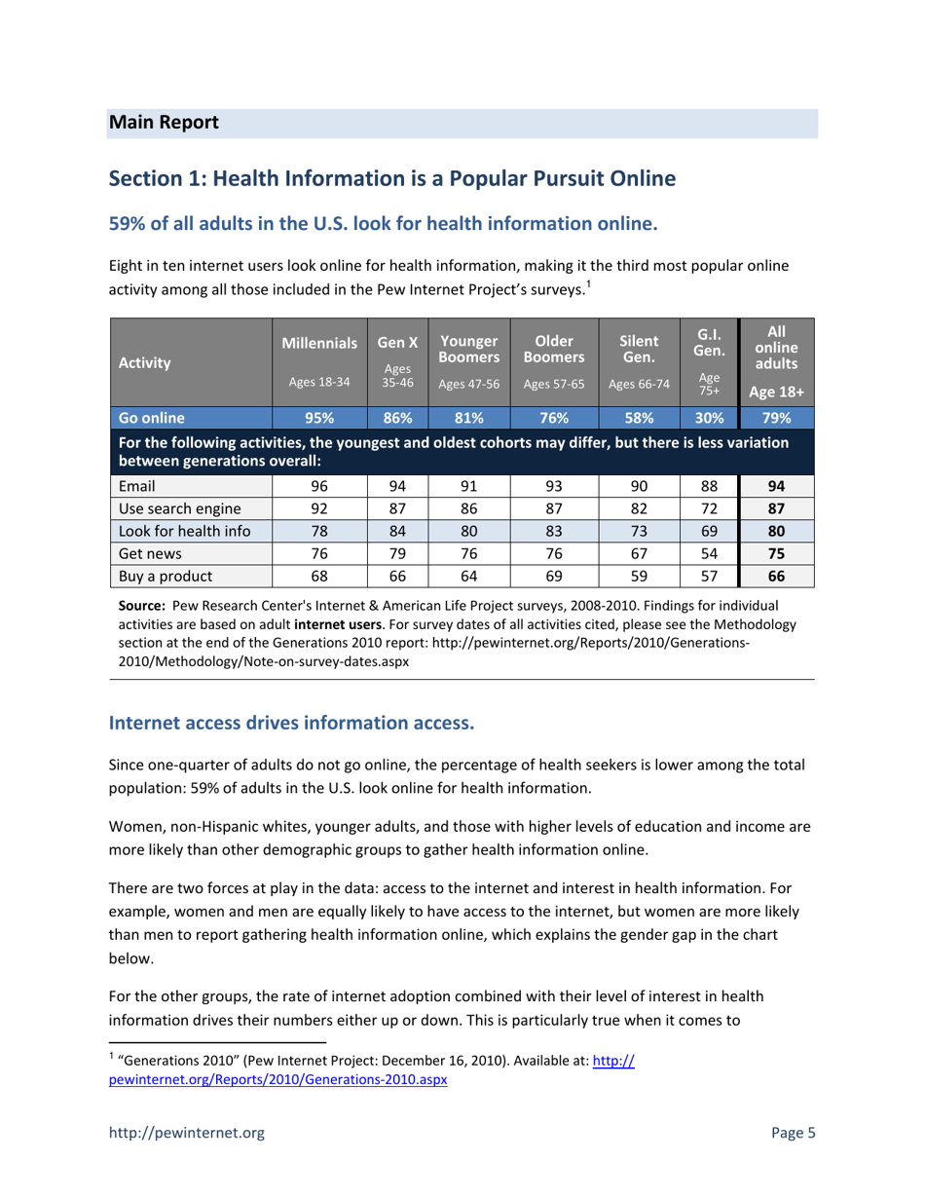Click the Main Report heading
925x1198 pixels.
164,123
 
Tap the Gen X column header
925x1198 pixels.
397,344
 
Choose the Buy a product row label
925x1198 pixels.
159,575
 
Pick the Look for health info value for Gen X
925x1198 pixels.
397,531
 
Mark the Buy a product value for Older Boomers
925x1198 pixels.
552,575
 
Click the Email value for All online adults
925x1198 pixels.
776,486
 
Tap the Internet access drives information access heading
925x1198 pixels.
292,723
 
